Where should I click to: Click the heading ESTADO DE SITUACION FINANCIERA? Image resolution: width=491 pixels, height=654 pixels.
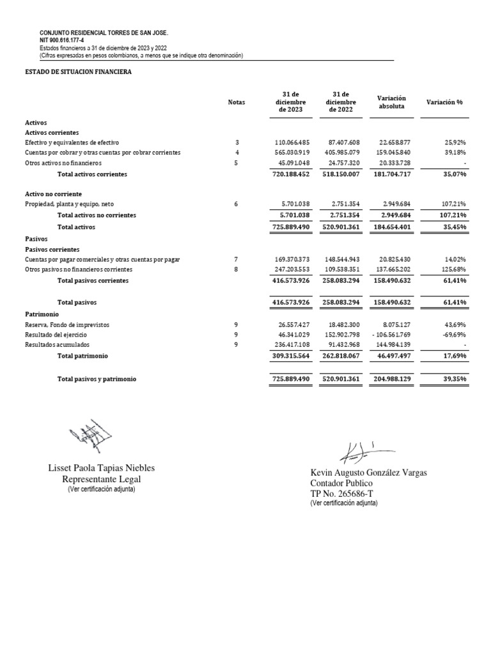point(78,73)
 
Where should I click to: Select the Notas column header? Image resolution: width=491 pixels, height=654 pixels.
point(237,102)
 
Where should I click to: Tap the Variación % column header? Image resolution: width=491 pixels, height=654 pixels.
point(444,102)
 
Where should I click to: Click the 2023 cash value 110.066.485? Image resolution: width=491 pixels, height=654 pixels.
point(292,142)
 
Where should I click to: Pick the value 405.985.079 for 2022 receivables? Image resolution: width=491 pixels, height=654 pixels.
point(342,153)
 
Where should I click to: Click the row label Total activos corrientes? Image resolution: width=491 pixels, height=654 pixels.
point(92,174)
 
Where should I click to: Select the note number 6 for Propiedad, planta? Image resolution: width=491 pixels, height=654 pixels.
point(237,204)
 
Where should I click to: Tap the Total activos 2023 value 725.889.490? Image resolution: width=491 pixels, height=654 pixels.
point(292,227)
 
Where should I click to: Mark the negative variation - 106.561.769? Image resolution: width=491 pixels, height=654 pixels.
point(391,335)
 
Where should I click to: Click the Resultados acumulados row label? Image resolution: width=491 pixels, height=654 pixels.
point(57,345)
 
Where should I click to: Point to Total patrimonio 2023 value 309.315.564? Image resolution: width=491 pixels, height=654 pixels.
point(292,356)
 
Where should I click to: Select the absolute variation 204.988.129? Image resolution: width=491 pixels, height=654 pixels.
point(392,379)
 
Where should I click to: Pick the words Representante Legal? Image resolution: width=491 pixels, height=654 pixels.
point(101,479)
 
